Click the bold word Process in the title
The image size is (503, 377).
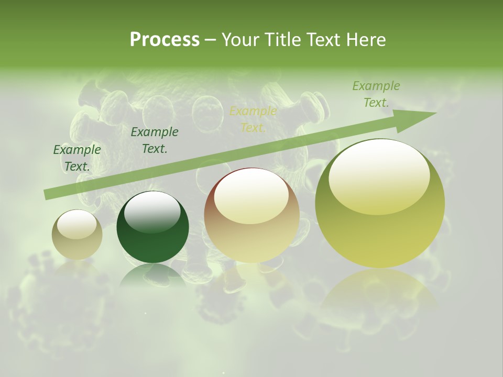click(165, 39)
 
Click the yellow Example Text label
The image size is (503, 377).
click(253, 119)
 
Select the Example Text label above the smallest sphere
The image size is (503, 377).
click(77, 158)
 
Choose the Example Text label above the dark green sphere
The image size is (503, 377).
click(155, 140)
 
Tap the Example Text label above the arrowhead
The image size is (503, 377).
click(376, 94)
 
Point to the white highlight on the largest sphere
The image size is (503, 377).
click(379, 176)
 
